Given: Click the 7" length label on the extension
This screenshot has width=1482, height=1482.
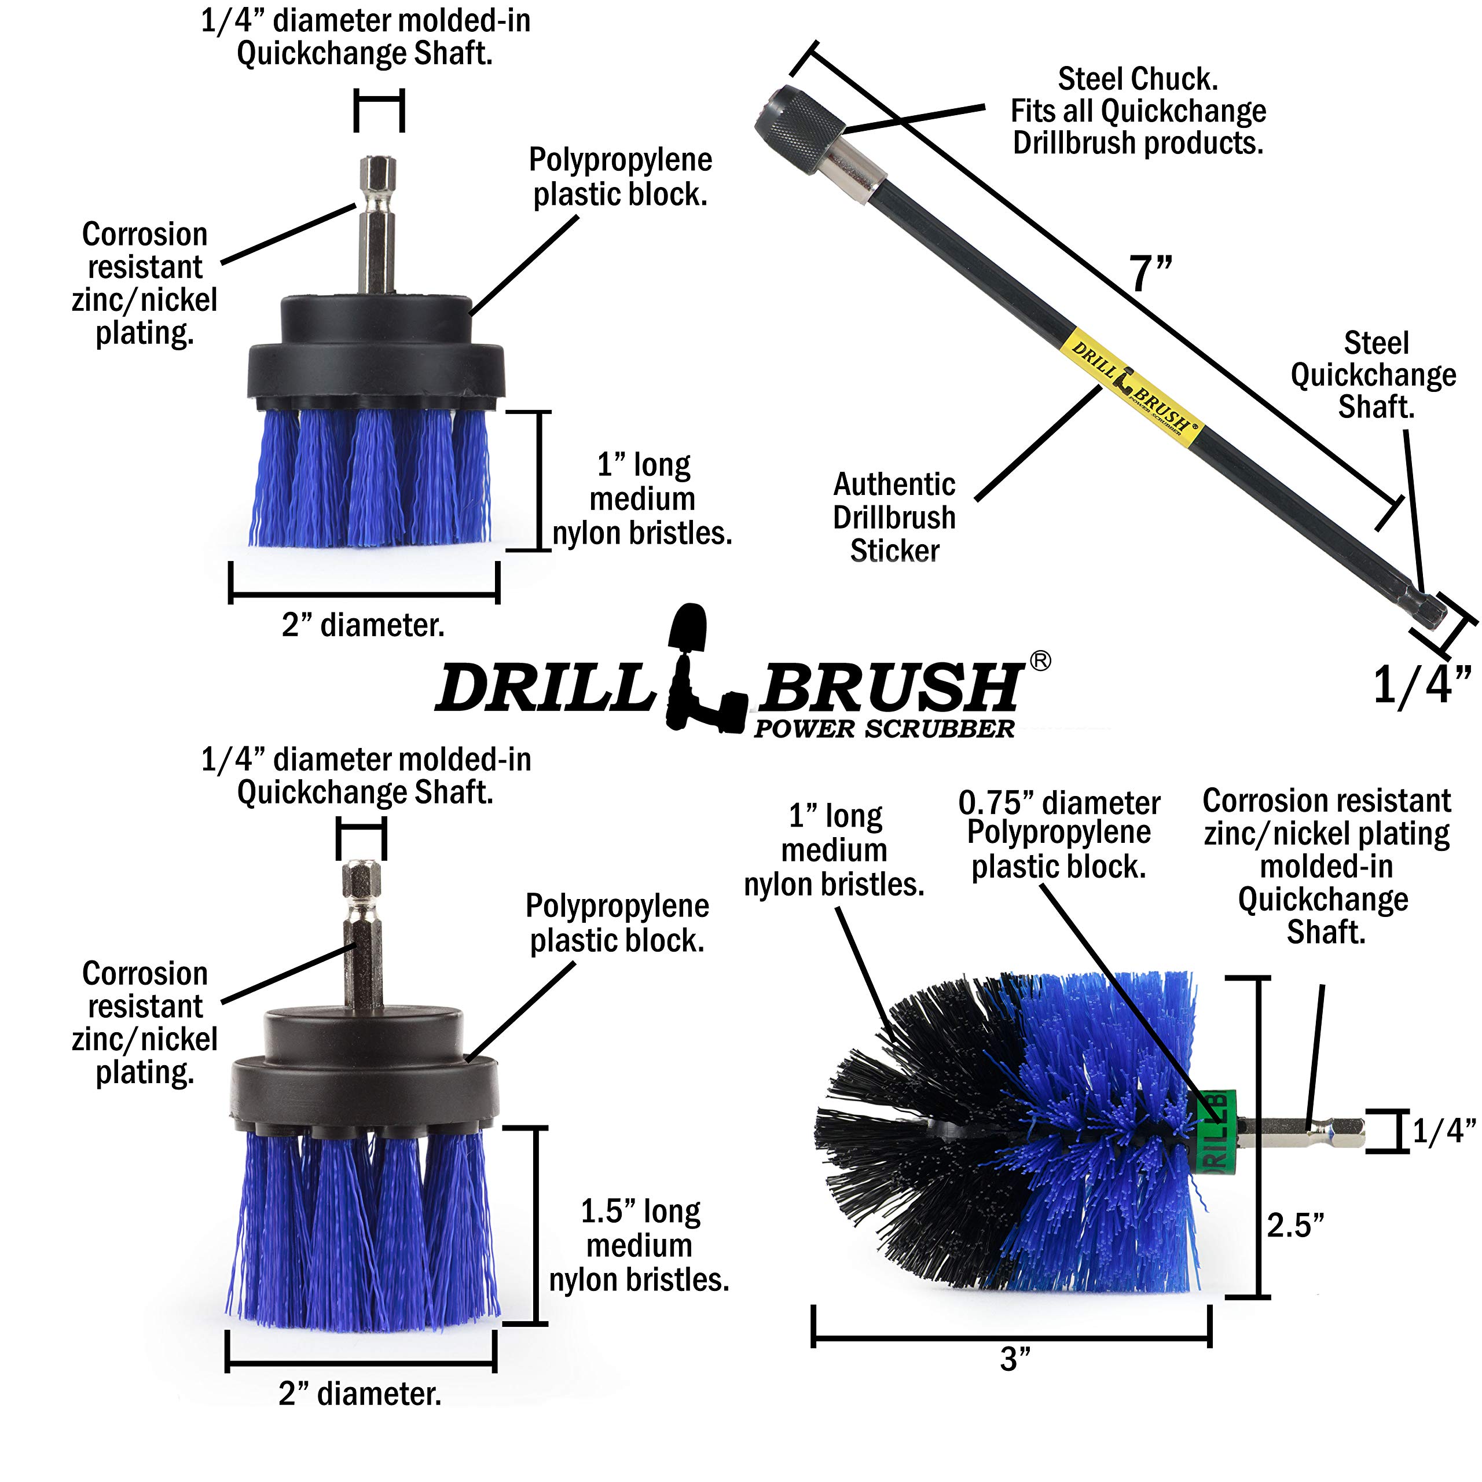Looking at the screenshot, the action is [1151, 274].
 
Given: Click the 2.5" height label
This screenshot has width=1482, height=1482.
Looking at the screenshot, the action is [1295, 1225].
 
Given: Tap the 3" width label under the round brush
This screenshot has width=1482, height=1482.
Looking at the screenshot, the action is [1015, 1359].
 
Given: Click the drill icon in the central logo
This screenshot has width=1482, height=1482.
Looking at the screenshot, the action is [702, 667].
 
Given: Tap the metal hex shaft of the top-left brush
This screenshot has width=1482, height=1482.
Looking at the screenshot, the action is [377, 224].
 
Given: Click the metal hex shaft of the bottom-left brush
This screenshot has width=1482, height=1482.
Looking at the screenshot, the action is [362, 936].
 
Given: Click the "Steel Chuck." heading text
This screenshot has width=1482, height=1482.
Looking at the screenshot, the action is [1138, 79].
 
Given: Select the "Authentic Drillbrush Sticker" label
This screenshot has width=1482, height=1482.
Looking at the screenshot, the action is [894, 517].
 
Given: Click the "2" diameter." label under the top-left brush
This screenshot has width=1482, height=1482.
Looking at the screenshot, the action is [363, 625].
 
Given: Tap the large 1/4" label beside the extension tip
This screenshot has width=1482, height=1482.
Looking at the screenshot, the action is [1421, 685].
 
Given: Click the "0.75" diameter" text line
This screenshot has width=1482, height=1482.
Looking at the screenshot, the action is [1059, 802].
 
